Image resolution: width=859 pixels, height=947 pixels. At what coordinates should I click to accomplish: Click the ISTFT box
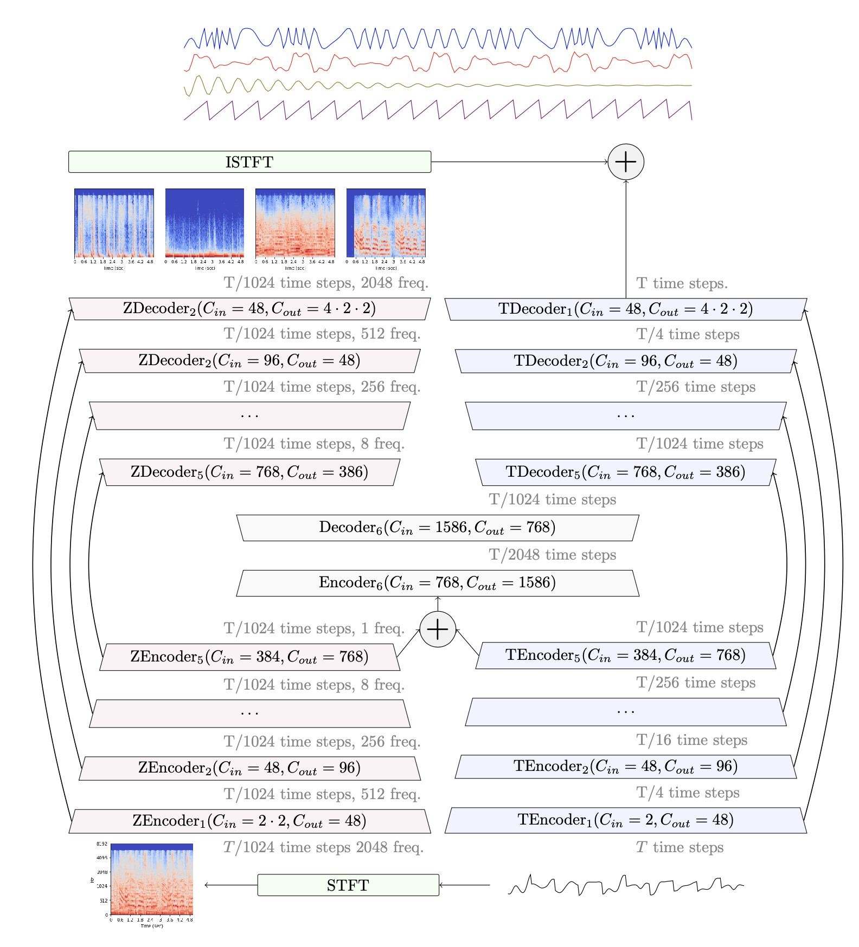(249, 162)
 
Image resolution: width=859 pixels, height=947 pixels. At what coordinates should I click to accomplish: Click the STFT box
(348, 885)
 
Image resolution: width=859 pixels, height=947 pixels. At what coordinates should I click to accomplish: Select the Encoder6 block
(437, 583)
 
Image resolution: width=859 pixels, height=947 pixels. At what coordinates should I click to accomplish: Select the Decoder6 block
(437, 528)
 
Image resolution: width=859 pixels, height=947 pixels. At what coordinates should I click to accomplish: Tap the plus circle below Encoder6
(437, 629)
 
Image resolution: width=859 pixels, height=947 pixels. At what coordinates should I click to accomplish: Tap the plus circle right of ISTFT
(625, 162)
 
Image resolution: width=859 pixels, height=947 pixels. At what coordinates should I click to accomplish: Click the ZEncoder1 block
(249, 821)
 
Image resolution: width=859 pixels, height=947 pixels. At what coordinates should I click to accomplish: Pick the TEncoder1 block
(625, 820)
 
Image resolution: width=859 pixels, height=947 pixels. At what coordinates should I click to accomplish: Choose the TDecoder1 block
(625, 309)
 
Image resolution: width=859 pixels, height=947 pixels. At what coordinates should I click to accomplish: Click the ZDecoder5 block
(249, 472)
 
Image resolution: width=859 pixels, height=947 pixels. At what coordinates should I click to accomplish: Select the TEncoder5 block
(625, 656)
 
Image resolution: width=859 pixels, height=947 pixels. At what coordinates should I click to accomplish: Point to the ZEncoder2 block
(249, 768)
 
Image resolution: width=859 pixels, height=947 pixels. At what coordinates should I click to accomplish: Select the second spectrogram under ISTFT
(204, 223)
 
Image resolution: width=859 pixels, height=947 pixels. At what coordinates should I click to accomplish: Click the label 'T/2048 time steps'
(552, 555)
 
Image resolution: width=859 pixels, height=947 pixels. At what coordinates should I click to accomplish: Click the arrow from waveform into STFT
(464, 885)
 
